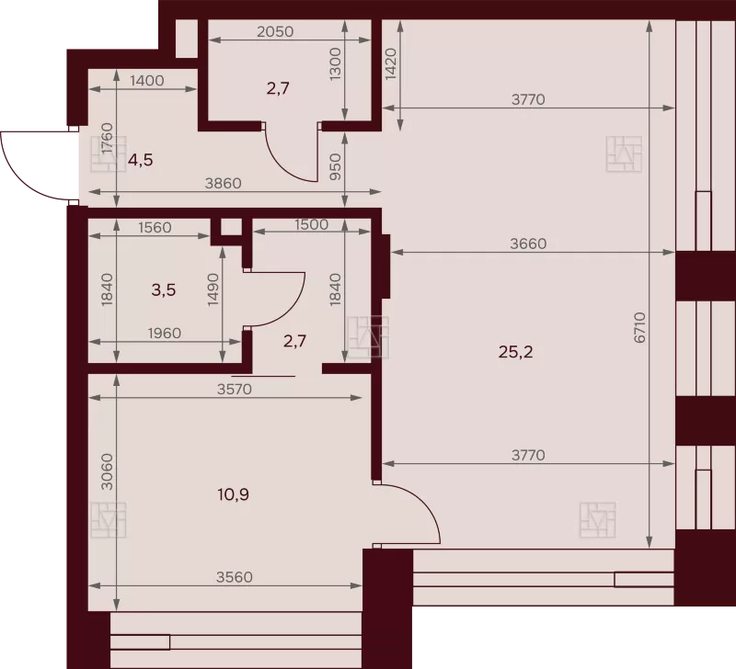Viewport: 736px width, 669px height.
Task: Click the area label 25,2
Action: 515,352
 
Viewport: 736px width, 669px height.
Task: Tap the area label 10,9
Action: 234,494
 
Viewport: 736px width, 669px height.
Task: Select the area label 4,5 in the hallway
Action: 141,160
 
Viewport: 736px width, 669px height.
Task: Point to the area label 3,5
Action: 164,290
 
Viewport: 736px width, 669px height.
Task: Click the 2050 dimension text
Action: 275,31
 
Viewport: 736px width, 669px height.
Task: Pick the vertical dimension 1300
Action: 335,64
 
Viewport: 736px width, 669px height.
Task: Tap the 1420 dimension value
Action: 391,64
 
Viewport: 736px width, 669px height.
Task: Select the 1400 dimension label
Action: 147,81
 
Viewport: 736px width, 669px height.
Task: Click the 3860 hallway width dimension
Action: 223,183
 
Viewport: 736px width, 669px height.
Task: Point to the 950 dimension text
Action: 335,167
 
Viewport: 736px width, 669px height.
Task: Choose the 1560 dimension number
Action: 155,227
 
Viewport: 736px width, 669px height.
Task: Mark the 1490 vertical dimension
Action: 213,289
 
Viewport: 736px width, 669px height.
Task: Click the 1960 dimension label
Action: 165,333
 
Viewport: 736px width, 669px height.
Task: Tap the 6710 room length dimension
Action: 640,328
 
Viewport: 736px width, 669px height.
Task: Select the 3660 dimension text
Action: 528,244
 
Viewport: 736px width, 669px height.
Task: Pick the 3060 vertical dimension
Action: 108,471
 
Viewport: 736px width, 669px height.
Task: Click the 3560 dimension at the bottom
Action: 235,577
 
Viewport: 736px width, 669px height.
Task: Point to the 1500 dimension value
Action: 311,224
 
